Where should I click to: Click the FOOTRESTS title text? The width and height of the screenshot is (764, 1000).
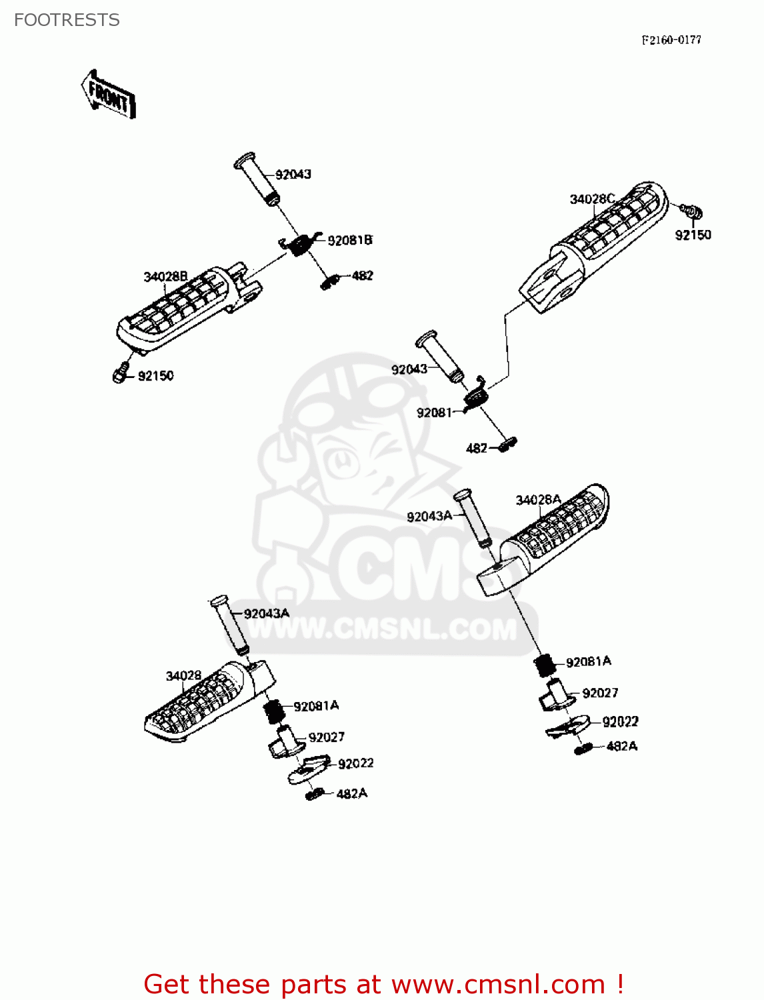[67, 20]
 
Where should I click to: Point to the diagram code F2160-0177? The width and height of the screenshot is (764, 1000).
[671, 40]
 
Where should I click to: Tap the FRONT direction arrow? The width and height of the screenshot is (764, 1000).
[109, 95]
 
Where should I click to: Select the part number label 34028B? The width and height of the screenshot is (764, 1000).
[165, 277]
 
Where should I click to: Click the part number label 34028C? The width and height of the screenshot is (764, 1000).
[591, 199]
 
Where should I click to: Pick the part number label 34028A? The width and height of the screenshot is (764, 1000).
[538, 500]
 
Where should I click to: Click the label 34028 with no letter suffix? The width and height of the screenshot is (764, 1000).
[183, 675]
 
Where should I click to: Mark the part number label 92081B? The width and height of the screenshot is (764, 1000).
[349, 240]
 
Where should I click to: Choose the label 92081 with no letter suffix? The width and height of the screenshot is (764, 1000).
[434, 413]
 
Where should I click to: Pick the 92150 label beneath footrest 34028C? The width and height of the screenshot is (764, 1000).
[693, 235]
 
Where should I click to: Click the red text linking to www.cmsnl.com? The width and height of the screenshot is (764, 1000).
[383, 984]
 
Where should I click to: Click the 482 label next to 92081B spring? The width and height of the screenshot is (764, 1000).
[362, 275]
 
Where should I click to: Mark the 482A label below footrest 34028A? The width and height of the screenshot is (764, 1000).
[621, 746]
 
